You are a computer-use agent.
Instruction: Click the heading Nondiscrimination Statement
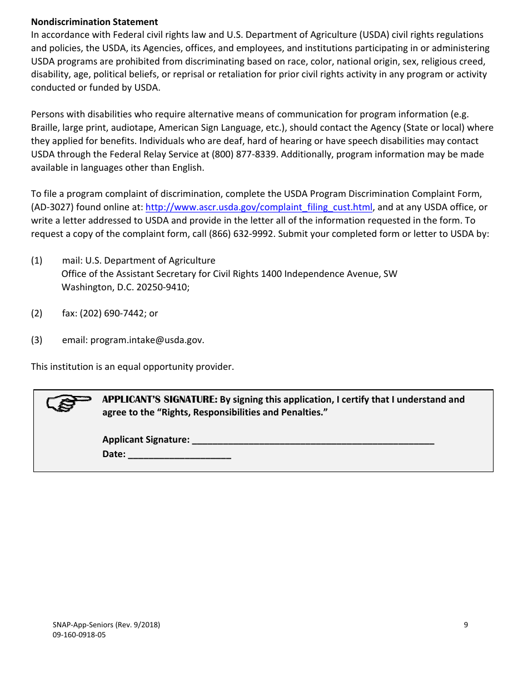(94, 22)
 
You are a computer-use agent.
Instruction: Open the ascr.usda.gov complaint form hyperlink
(258, 207)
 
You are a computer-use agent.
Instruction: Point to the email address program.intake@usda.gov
(147, 340)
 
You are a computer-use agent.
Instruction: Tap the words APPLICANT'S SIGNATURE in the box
(160, 399)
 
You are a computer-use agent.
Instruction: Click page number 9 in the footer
(466, 624)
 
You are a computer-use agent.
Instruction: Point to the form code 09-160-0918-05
(79, 635)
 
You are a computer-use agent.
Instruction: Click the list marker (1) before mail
(37, 261)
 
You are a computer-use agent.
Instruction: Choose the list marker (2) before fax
(37, 314)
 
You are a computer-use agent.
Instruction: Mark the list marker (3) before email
(37, 340)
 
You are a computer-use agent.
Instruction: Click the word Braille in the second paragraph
(44, 128)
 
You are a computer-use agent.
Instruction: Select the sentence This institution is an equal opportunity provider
(132, 367)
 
